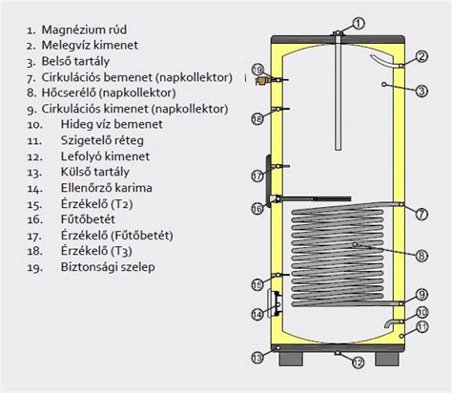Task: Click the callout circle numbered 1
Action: pos(359,24)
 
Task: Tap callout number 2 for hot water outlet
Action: pos(421,56)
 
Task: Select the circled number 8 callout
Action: pos(421,256)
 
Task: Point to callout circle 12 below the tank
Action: pos(358,362)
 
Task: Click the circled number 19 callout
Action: pos(258,70)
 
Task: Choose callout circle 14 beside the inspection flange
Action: pos(257,315)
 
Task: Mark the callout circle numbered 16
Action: pos(257,209)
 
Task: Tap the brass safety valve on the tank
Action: pos(261,81)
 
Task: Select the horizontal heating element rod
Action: pos(315,199)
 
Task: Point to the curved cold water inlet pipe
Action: pos(392,323)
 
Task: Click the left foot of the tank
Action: pos(291,359)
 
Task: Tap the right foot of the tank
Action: pos(387,359)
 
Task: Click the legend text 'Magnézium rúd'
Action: pos(84,30)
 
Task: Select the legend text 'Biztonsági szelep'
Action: pos(108,266)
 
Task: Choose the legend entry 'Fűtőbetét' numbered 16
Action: pos(88,219)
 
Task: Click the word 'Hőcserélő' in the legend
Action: pos(69,93)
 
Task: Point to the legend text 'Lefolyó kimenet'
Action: pos(105,156)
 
